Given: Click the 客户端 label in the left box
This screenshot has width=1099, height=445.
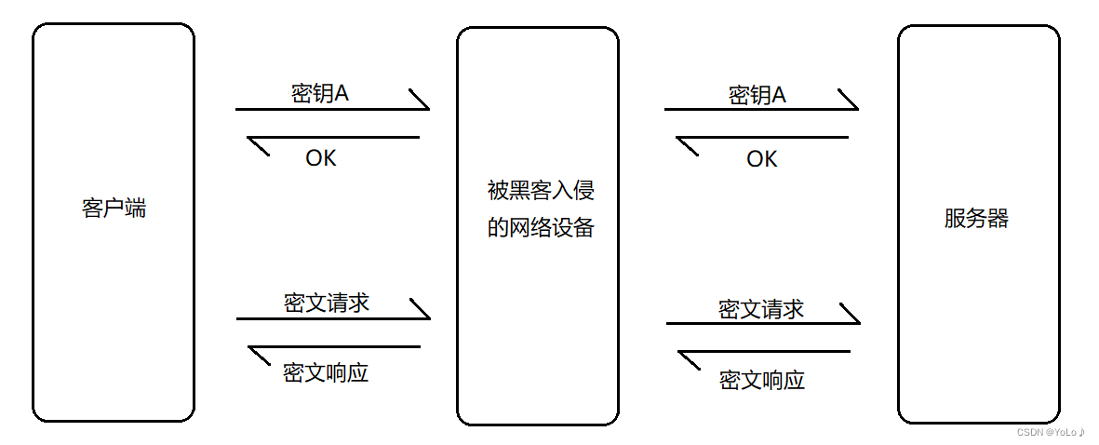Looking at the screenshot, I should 114,209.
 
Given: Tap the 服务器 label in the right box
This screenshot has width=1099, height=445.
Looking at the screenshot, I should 976,219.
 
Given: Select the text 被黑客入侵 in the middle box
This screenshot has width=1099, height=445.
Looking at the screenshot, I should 541,191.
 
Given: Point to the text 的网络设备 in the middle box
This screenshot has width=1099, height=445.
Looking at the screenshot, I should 541,228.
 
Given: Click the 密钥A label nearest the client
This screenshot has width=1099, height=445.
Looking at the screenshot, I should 320,94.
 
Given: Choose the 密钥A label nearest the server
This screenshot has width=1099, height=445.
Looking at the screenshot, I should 757,95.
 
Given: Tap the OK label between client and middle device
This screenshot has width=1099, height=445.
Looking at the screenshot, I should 321,159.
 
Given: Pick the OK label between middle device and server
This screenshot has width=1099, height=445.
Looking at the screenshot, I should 761,160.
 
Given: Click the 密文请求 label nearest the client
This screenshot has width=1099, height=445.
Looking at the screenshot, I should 327,303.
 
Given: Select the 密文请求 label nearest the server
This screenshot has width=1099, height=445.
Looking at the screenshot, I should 761,309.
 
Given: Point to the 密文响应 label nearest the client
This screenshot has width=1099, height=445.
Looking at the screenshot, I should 326,373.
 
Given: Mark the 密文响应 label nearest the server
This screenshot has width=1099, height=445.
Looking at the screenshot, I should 762,380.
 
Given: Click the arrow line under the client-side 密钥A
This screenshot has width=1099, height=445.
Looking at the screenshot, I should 331,109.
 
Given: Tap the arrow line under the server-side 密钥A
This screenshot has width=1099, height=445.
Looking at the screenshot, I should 760,109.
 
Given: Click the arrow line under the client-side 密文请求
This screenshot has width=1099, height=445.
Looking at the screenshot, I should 332,318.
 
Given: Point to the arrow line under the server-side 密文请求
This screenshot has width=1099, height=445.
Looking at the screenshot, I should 762,323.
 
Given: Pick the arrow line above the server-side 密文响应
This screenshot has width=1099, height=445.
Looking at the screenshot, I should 764,352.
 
